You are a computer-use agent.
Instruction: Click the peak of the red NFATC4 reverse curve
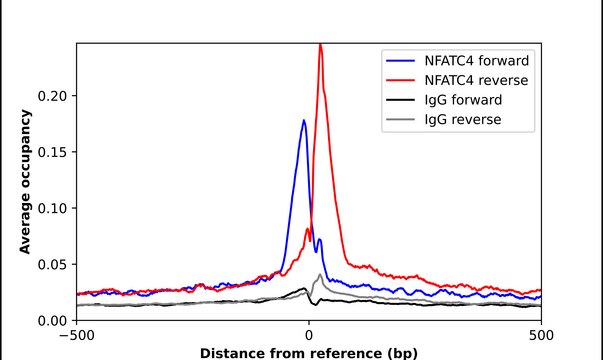(320, 45)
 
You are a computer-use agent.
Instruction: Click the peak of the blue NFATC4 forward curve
(304, 121)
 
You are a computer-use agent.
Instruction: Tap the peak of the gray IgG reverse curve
(319, 274)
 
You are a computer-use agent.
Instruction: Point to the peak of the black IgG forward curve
(305, 288)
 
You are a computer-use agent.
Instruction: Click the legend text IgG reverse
(459, 120)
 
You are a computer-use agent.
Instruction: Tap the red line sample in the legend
(397, 79)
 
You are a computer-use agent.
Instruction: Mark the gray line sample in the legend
(397, 120)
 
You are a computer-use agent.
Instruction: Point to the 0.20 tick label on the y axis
(51, 96)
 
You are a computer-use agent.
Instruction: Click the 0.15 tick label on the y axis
(51, 152)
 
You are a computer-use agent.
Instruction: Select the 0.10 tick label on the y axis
(51, 208)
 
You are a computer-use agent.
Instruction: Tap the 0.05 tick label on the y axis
(51, 264)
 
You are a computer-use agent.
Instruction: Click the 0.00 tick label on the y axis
(51, 320)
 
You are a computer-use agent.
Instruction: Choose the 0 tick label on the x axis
(309, 336)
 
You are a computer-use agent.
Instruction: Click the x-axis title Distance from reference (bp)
(309, 352)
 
